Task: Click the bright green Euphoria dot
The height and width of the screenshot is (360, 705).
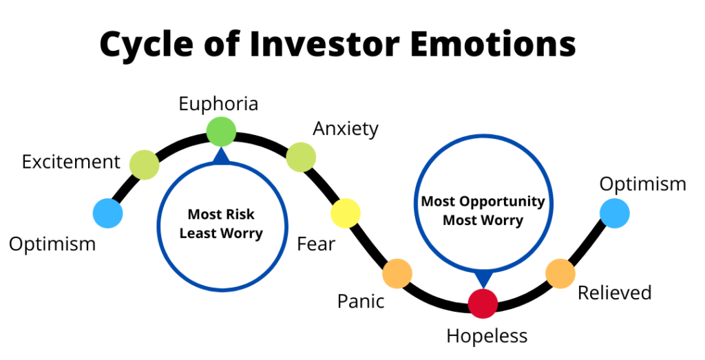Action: tap(221, 131)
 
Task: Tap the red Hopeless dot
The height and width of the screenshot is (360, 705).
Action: tap(483, 304)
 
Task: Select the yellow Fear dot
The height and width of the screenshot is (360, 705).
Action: tap(346, 213)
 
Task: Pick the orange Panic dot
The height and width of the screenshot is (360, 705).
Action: tap(397, 273)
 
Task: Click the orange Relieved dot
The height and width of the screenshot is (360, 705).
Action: tap(560, 273)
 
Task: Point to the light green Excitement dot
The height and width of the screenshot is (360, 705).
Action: tap(145, 165)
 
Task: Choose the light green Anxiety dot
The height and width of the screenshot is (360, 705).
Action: tap(300, 157)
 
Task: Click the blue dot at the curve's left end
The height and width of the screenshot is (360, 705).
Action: tap(108, 213)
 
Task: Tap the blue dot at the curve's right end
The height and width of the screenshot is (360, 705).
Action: tap(614, 213)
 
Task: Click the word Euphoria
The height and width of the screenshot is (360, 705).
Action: tap(218, 104)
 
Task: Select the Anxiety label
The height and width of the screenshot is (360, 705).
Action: tap(346, 129)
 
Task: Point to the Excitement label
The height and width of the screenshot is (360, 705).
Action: tap(71, 162)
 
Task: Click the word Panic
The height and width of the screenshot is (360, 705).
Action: tap(361, 301)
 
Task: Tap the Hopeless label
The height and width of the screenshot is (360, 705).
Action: tap(487, 336)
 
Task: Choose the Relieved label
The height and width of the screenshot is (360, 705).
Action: tap(614, 293)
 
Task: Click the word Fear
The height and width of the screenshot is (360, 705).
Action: tap(316, 244)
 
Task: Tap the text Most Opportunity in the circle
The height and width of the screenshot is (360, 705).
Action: tap(483, 202)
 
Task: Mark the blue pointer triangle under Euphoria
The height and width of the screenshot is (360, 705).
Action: tap(221, 156)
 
